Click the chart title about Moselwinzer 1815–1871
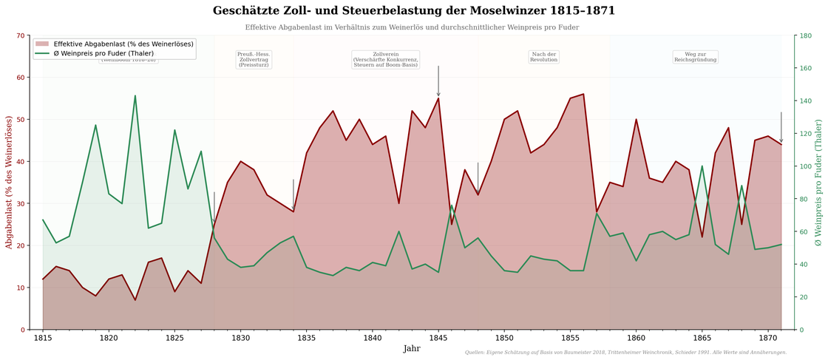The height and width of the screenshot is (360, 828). click(x=413, y=11)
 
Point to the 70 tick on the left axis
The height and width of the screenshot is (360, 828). click(x=21, y=35)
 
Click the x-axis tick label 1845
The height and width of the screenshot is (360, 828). click(x=438, y=339)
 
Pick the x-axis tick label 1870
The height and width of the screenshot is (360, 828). click(x=768, y=339)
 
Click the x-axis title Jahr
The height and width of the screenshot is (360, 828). click(x=412, y=349)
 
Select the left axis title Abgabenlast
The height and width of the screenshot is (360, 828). click(x=10, y=182)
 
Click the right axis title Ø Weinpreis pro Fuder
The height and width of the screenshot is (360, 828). click(x=818, y=182)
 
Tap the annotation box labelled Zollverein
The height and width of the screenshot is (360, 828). click(x=385, y=60)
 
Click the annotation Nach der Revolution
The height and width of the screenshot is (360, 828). click(x=543, y=57)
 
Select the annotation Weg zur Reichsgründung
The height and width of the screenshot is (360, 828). click(x=695, y=57)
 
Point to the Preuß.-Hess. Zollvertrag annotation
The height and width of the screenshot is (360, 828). click(x=254, y=60)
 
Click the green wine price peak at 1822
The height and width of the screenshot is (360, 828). click(x=135, y=95)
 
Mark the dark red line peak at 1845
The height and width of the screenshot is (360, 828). click(x=438, y=98)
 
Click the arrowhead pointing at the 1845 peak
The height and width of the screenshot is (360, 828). click(x=438, y=94)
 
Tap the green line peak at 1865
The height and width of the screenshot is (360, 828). click(x=702, y=166)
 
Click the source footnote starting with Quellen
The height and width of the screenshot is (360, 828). click(x=625, y=353)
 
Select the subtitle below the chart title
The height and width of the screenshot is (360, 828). click(x=412, y=27)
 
